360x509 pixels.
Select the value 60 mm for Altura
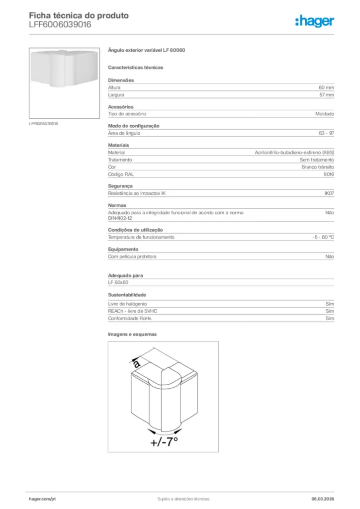pyautogui.click(x=326, y=87)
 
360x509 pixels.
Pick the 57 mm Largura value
pyautogui.click(x=326, y=94)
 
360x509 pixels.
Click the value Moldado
pyautogui.click(x=324, y=114)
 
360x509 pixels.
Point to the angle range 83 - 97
pyautogui.click(x=326, y=133)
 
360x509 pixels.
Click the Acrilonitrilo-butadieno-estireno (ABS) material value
pyautogui.click(x=294, y=153)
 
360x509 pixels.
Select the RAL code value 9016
pyautogui.click(x=329, y=174)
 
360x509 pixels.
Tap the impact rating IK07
pyautogui.click(x=329, y=193)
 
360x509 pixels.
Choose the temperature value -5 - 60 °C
pyautogui.click(x=320, y=237)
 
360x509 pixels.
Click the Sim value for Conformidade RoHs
pyautogui.click(x=330, y=318)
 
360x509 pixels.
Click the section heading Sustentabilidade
pyautogui.click(x=127, y=295)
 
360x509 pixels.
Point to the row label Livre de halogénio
pyautogui.click(x=127, y=303)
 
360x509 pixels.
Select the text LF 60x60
pyautogui.click(x=118, y=282)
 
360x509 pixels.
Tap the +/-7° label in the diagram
pyautogui.click(x=164, y=441)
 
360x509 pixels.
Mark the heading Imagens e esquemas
pyautogui.click(x=132, y=334)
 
